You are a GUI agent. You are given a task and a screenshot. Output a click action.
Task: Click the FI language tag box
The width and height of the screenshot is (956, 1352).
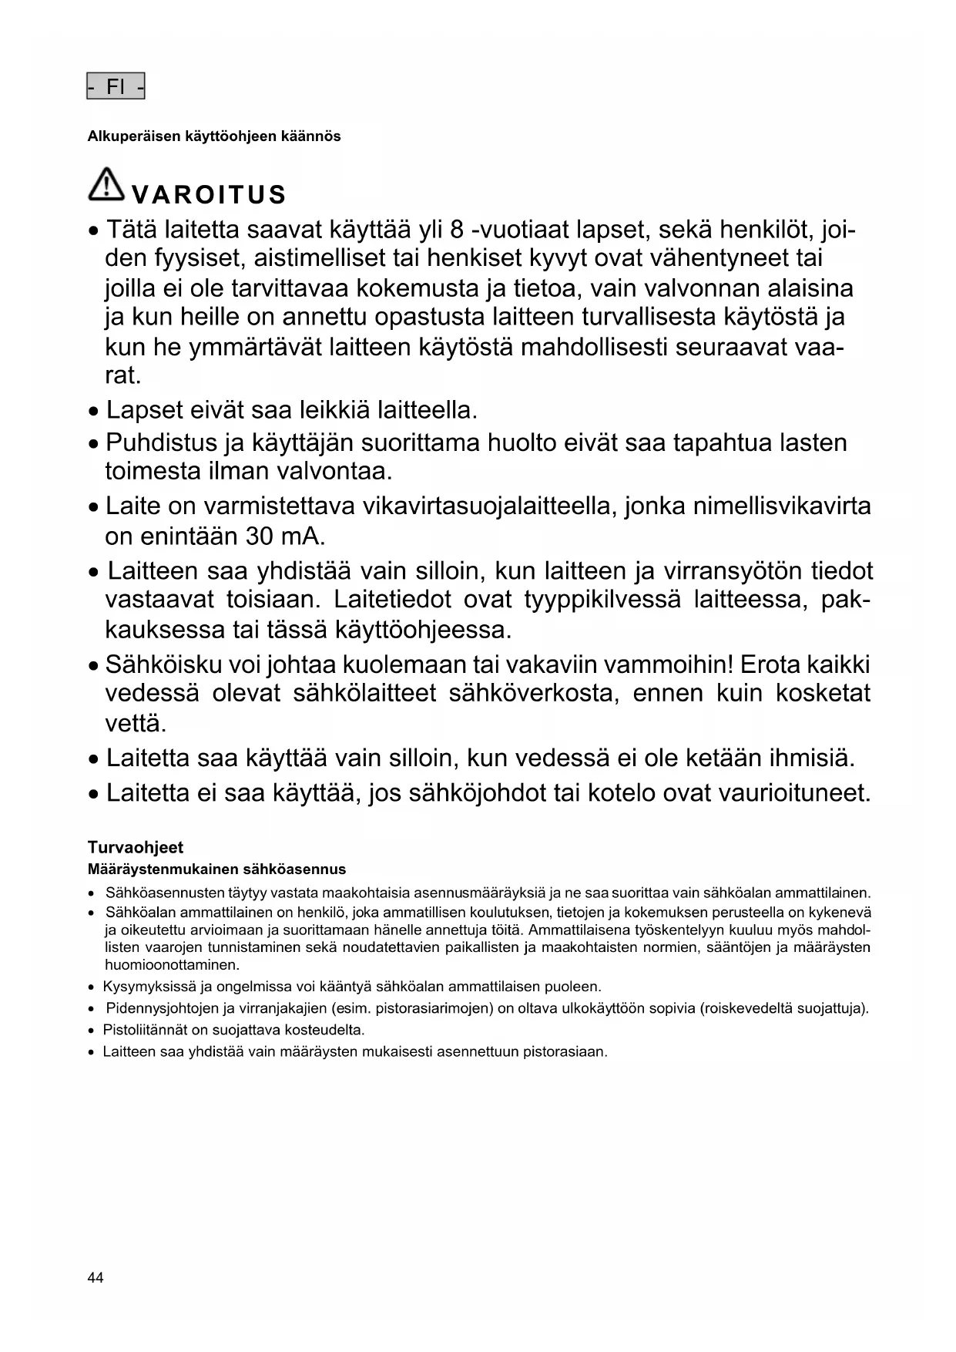pos(116,87)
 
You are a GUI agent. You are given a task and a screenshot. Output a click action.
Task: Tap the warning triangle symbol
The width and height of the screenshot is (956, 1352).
pos(106,185)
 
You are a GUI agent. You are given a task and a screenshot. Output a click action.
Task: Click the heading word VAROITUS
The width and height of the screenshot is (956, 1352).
pos(209,195)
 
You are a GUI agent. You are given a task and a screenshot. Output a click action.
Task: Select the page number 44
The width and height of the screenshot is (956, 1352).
pos(96,1278)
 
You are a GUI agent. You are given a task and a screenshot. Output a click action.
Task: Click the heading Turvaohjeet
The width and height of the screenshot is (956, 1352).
pos(136,848)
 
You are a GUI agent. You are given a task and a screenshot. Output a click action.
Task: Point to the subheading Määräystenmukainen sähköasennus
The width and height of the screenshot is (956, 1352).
pos(216,869)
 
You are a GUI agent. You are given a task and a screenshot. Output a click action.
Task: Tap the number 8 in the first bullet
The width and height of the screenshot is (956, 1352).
pos(456,230)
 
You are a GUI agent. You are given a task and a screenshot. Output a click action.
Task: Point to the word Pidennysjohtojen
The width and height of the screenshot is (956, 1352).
pos(158,1008)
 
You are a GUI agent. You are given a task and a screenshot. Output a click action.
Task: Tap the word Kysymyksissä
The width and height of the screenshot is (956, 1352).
pos(149,987)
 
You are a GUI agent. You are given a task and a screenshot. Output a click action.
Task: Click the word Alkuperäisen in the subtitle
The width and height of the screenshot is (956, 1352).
pos(132,136)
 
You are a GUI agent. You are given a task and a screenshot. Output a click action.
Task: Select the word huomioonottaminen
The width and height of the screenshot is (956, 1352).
pos(173,965)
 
